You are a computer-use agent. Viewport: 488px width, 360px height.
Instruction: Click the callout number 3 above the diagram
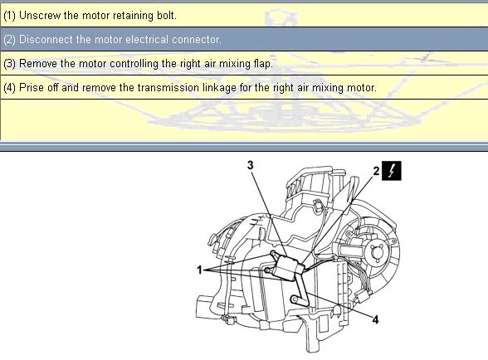tap(251, 165)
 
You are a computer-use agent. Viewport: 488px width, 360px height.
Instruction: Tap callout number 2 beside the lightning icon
tap(376, 171)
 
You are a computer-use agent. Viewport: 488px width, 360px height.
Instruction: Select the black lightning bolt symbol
tap(392, 171)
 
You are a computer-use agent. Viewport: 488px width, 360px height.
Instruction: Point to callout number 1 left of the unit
tap(200, 270)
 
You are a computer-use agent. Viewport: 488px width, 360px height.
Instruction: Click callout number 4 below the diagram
tap(375, 319)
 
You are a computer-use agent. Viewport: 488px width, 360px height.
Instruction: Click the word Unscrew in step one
tap(40, 15)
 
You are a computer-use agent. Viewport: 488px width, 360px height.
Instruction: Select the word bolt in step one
tap(167, 15)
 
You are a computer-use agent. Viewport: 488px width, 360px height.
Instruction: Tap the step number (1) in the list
tap(9, 16)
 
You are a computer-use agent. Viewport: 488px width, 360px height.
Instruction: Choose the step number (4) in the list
tap(9, 88)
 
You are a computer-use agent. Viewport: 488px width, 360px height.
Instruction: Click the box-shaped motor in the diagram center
tap(287, 266)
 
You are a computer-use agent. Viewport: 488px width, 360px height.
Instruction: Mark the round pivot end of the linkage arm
tap(294, 299)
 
